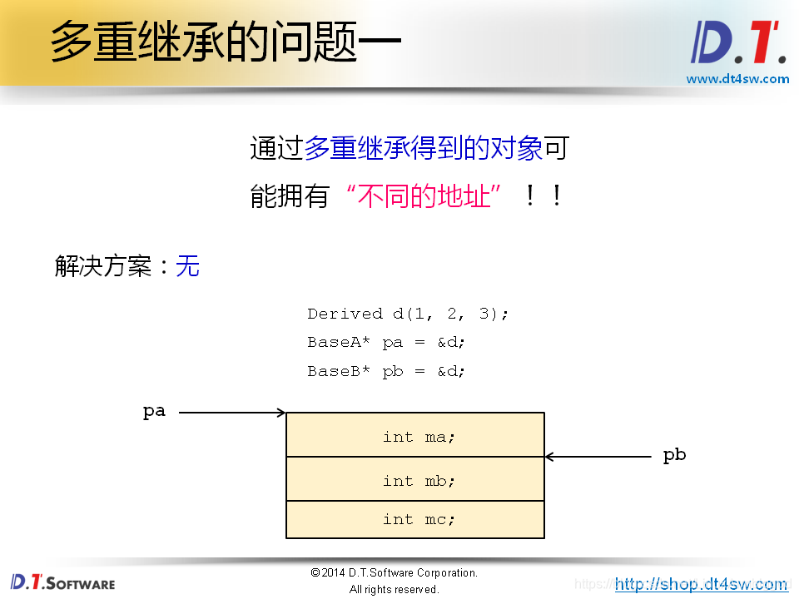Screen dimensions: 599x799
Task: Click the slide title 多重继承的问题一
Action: [225, 42]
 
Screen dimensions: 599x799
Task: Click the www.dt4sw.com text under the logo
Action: [737, 79]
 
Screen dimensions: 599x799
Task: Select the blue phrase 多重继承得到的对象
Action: [424, 148]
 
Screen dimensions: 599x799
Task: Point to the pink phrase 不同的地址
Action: [424, 197]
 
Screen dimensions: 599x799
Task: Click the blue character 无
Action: [188, 266]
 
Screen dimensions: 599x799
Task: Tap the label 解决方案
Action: [103, 266]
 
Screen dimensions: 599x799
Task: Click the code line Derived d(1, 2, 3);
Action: [407, 314]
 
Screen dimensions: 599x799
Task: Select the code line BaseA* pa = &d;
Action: [386, 342]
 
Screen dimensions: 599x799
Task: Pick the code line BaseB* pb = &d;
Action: [386, 371]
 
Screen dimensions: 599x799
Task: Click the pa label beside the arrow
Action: [154, 411]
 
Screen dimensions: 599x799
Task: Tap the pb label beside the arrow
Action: [674, 455]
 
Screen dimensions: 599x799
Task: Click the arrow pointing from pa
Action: [232, 412]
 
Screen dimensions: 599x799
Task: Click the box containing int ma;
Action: [415, 435]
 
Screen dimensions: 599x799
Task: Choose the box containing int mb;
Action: [415, 479]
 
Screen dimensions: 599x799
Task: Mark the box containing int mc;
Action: [415, 519]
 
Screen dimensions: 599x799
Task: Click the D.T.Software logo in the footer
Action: [62, 582]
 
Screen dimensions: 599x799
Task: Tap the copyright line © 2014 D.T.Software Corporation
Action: [394, 573]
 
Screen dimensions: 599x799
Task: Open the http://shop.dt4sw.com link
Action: [701, 584]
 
